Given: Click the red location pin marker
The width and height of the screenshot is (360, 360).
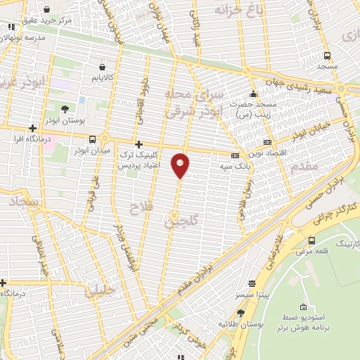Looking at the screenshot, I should (x=181, y=165).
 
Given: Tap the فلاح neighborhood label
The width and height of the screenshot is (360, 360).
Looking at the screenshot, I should (x=143, y=207).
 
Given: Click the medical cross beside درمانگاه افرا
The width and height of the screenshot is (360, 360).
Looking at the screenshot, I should (x=32, y=128).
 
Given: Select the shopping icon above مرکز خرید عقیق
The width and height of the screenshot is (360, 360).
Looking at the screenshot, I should (x=46, y=9).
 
